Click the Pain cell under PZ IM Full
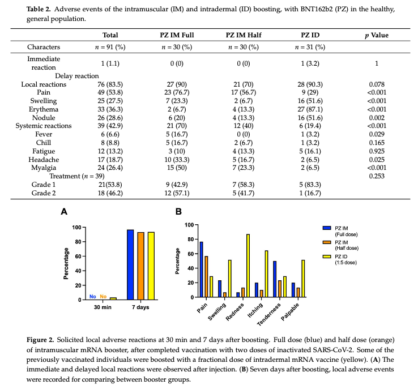pos(175,92)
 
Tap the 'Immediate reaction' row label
pos(44,63)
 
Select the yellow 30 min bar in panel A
pos(113,298)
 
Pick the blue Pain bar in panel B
pos(201,270)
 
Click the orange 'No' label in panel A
pos(103,296)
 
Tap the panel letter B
pos(180,212)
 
